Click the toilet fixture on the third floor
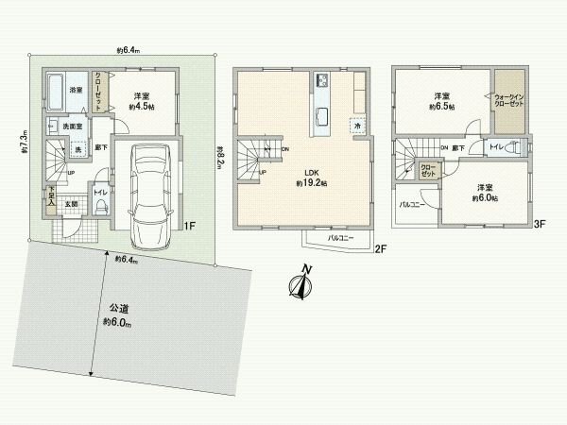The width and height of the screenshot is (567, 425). [510, 148]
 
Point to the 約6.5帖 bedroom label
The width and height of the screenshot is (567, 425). [441, 102]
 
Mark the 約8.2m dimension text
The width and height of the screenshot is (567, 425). [218, 157]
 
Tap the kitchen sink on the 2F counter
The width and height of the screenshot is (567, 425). [321, 117]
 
